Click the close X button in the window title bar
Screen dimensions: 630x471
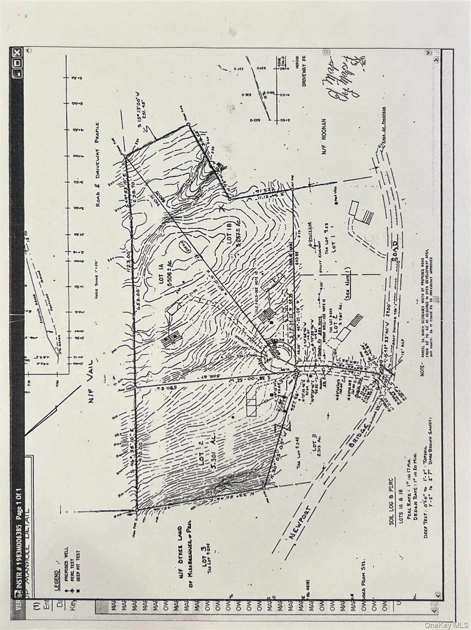[x=17, y=53]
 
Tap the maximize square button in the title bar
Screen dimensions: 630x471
[x=17, y=63]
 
